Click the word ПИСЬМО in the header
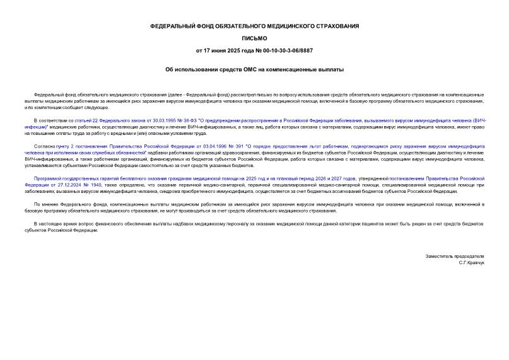click(254, 38)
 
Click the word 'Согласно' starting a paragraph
click(44, 146)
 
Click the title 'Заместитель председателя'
click(455, 256)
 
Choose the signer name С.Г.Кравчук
click(472, 262)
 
